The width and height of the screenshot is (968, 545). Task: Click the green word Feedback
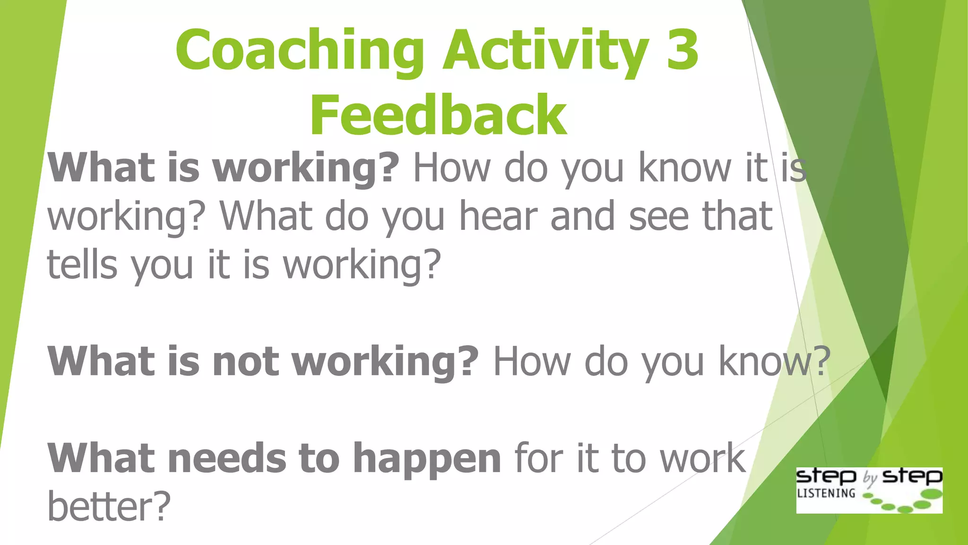click(x=438, y=115)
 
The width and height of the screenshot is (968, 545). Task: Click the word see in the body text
click(x=658, y=217)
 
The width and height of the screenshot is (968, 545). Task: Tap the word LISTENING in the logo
click(x=826, y=493)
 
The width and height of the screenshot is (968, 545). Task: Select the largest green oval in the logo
click(x=932, y=494)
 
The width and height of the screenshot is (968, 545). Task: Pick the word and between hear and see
click(x=582, y=216)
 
